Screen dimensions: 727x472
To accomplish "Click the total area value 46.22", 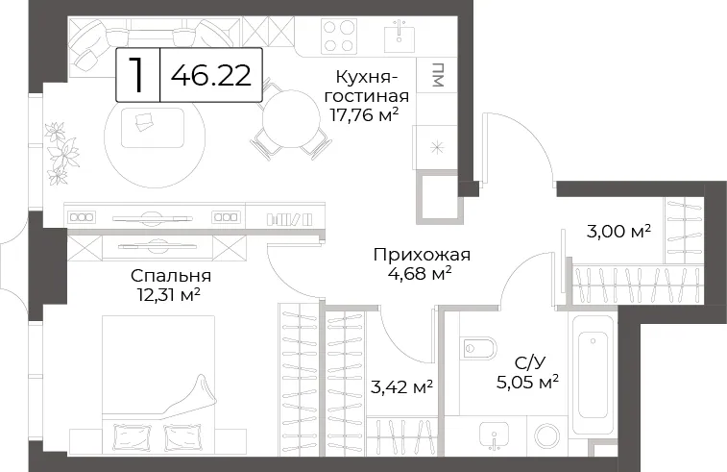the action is click(x=211, y=75).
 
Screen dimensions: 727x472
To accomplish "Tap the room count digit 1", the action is click(x=135, y=75).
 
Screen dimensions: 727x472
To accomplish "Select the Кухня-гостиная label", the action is click(x=366, y=87).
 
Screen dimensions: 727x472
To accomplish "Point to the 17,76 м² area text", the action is click(x=364, y=114).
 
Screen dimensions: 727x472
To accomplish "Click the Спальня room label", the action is click(x=171, y=276).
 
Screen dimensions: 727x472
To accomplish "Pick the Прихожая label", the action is click(x=422, y=255).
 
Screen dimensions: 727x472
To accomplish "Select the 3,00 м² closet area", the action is click(x=619, y=231).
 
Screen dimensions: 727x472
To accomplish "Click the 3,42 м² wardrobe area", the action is click(x=402, y=386).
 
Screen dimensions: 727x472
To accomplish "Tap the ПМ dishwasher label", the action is click(x=437, y=75).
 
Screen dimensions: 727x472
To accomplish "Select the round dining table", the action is click(x=291, y=119).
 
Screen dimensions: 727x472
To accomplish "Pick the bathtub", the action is click(x=593, y=374).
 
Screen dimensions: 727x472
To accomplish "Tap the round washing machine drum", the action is click(x=549, y=435).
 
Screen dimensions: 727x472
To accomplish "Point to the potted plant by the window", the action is click(x=61, y=154).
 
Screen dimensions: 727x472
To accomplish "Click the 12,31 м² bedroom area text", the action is click(x=168, y=294).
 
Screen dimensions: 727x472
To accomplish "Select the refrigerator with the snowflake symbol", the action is click(x=437, y=148).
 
